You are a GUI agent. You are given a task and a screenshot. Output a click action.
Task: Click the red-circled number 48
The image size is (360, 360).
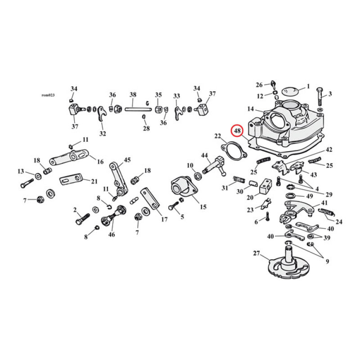pyautogui.click(x=237, y=131)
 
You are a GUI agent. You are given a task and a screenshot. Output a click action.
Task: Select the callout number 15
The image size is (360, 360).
pyautogui.click(x=203, y=207)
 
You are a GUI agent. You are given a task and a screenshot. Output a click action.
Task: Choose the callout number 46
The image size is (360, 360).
pyautogui.click(x=112, y=234)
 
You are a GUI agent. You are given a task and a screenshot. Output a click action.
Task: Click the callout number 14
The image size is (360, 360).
pyautogui.click(x=251, y=109)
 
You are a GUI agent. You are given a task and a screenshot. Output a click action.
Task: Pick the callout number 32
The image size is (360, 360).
pyautogui.click(x=103, y=133)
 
